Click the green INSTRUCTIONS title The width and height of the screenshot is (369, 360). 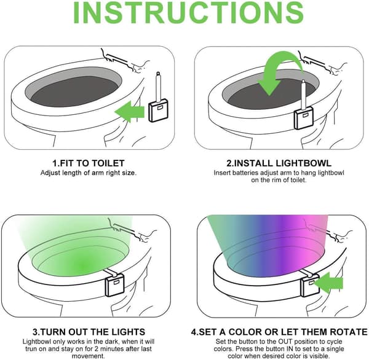point(189,12)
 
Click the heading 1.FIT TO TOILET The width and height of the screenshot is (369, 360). point(88,163)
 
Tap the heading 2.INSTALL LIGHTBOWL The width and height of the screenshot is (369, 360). point(279,163)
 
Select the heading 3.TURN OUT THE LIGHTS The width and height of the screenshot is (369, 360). point(89,332)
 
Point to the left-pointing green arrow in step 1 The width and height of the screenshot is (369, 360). point(130,111)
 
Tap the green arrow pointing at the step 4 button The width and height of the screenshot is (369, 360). point(329,283)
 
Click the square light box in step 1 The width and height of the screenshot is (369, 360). point(159,111)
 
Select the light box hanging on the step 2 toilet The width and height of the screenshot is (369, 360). point(304,117)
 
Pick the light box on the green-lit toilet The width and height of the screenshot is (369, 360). point(114,285)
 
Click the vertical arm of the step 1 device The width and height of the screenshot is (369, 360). point(159,87)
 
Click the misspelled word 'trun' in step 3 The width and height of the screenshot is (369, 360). point(31,349)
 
